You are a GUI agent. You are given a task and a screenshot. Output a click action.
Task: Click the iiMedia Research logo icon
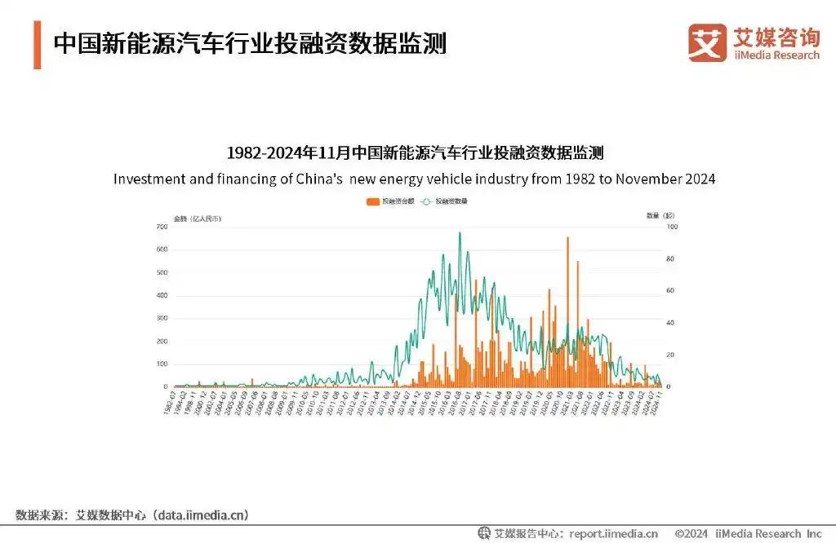click(x=707, y=42)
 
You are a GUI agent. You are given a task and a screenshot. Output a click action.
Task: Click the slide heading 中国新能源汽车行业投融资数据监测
click(x=250, y=43)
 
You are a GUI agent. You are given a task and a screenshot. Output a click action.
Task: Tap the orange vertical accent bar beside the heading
click(x=38, y=46)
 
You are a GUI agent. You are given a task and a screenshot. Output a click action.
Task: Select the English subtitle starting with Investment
click(x=414, y=179)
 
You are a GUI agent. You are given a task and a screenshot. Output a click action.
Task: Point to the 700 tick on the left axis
click(x=162, y=227)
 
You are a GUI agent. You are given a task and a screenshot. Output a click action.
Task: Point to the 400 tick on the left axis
click(x=162, y=295)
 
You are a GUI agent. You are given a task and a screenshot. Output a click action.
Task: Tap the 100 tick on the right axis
click(x=672, y=227)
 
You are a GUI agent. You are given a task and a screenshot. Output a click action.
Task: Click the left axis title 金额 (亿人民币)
click(x=197, y=218)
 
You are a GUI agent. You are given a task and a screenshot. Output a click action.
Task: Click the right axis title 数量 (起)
click(x=660, y=216)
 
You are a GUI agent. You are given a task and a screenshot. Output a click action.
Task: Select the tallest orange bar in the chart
click(x=567, y=310)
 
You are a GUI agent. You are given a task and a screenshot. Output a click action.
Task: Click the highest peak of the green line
click(x=460, y=233)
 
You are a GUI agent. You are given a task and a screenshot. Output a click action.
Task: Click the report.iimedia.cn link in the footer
click(x=612, y=534)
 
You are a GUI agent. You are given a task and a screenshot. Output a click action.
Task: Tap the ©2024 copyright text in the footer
click(x=691, y=534)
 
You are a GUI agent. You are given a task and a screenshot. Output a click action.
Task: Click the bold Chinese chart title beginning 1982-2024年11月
click(x=414, y=153)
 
